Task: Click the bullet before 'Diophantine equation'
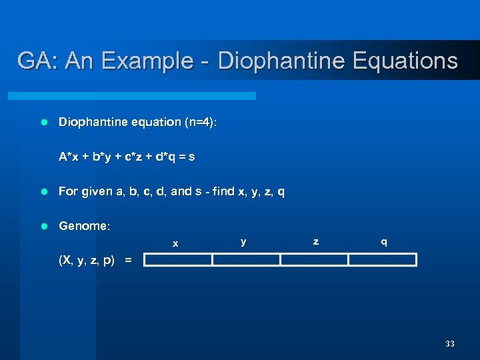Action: tap(44, 123)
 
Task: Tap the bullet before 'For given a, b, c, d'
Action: tap(44, 192)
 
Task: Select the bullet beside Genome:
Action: tap(44, 227)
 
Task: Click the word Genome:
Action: tap(85, 227)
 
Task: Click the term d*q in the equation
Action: tap(164, 157)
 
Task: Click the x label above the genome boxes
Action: tap(175, 244)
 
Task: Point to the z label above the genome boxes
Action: tap(315, 241)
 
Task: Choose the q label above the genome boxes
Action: tap(383, 242)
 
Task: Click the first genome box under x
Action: tap(178, 260)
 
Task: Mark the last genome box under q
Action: tap(383, 260)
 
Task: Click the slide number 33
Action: tap(449, 344)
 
